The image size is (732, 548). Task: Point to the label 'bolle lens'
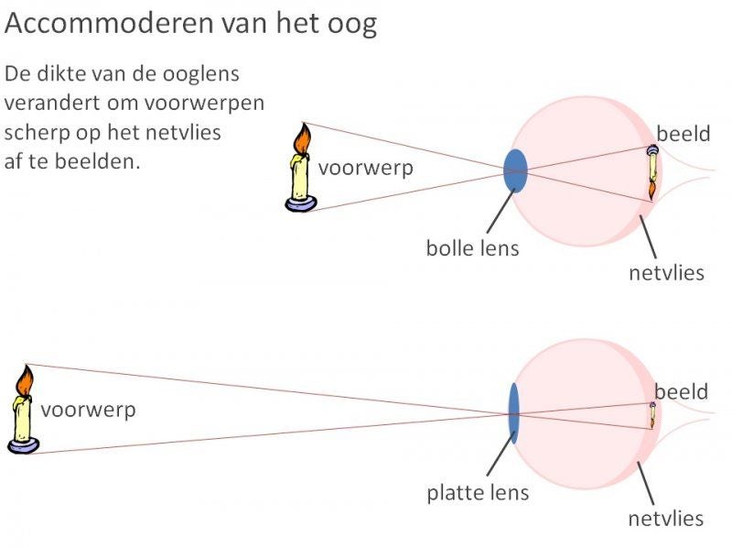(x=472, y=247)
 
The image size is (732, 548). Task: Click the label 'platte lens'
(x=478, y=492)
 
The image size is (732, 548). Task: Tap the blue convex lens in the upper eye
(x=516, y=170)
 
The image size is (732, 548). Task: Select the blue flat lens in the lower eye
(x=513, y=413)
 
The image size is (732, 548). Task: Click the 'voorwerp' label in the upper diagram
(x=365, y=169)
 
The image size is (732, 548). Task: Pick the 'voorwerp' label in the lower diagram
(x=88, y=410)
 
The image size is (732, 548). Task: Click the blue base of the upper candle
(x=300, y=204)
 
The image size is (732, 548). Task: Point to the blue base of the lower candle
(x=23, y=445)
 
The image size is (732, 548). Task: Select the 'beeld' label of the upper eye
(x=683, y=134)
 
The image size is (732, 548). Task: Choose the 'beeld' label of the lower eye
(x=681, y=392)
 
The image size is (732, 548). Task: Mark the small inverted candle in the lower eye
(x=652, y=415)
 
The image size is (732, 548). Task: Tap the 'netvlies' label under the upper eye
(x=666, y=272)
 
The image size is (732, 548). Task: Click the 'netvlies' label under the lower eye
(x=665, y=519)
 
